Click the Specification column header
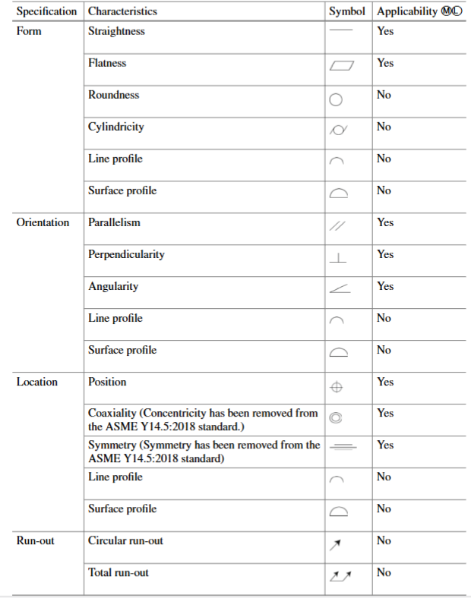[46, 11]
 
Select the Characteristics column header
[122, 11]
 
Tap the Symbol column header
[347, 11]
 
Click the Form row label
[29, 31]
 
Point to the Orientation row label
[43, 222]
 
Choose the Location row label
[37, 382]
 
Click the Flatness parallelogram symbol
[341, 67]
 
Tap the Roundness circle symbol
[337, 99]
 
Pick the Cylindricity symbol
[338, 131]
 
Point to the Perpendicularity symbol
[338, 258]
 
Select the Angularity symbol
[340, 290]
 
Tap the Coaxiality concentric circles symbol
[335, 416]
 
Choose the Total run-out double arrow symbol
[340, 577]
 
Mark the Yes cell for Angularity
[385, 286]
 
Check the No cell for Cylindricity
[384, 127]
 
